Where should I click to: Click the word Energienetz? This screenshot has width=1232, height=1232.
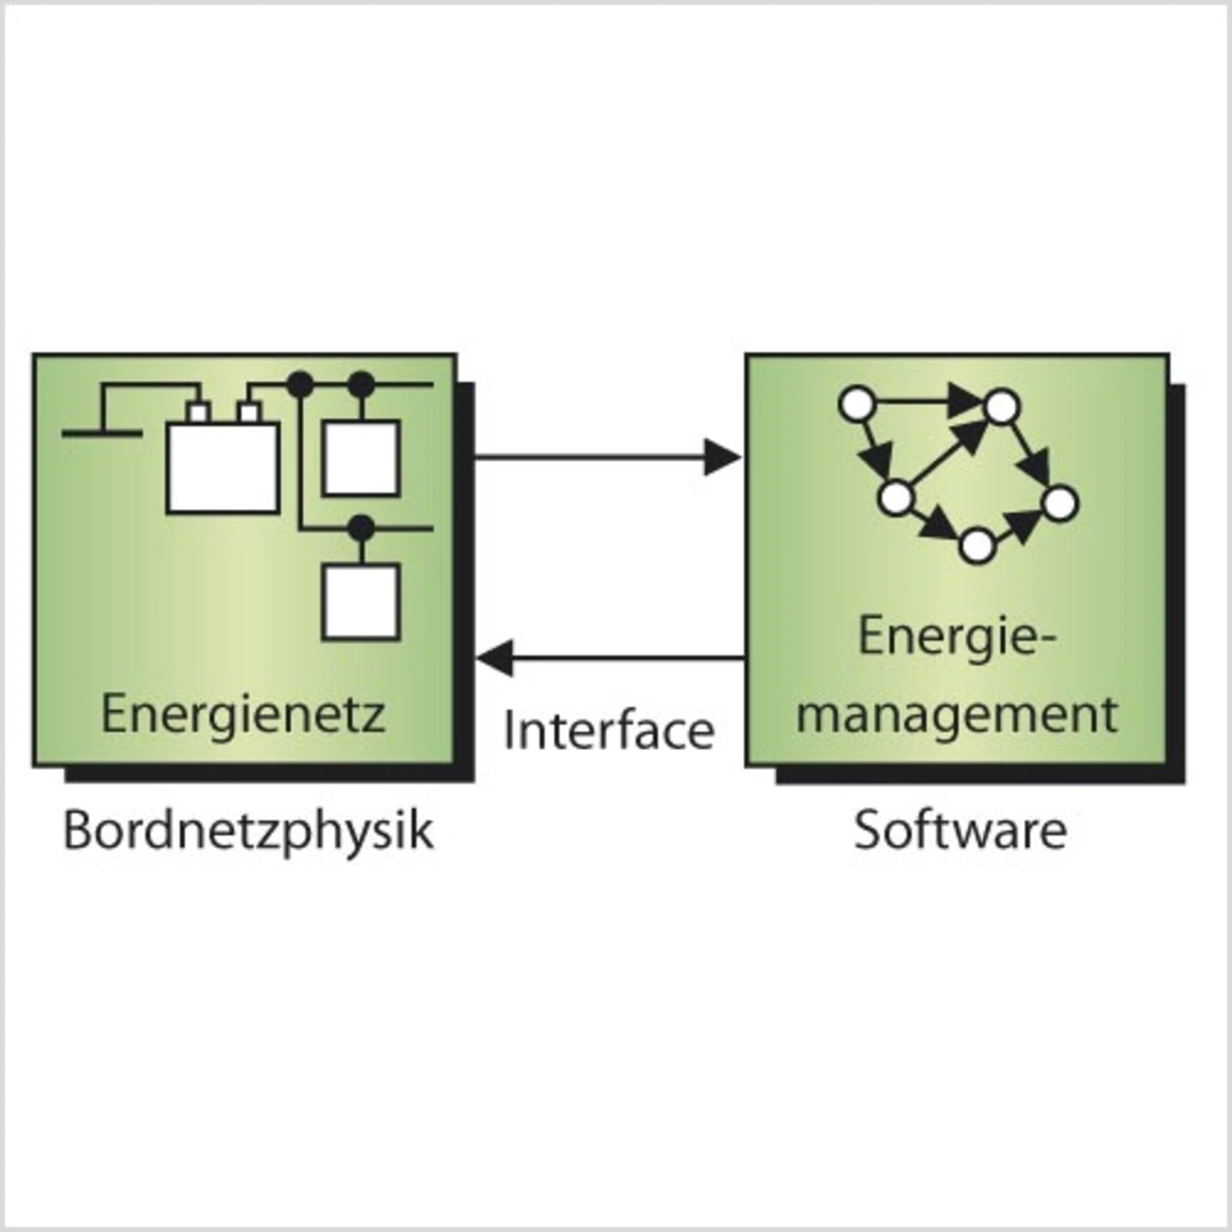coord(243,714)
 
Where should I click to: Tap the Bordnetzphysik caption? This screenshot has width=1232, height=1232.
coord(248,830)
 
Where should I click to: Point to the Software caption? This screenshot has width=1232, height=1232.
coord(960,830)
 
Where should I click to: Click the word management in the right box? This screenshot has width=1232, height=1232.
coord(958,714)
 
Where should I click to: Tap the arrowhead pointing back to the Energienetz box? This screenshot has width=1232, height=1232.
coord(495,659)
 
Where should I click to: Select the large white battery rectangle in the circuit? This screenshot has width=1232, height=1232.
coord(223,468)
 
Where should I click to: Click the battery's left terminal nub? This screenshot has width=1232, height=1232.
coord(198,414)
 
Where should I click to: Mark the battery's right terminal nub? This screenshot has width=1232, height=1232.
coord(250,414)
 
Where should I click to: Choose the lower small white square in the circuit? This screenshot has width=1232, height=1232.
coord(360,603)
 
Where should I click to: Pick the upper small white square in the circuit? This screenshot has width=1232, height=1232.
coord(360,458)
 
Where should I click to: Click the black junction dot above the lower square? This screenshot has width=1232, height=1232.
coord(360,527)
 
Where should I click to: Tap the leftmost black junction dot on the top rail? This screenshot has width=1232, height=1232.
coord(300,385)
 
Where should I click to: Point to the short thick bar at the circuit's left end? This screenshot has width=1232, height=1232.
coord(102,434)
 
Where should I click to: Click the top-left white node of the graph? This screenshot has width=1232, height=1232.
coord(857,404)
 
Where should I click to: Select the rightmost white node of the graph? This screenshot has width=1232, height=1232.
coord(1060,502)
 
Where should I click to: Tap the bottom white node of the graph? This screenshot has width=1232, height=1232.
coord(976,546)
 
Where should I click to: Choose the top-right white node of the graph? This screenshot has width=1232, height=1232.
coord(1001,406)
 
